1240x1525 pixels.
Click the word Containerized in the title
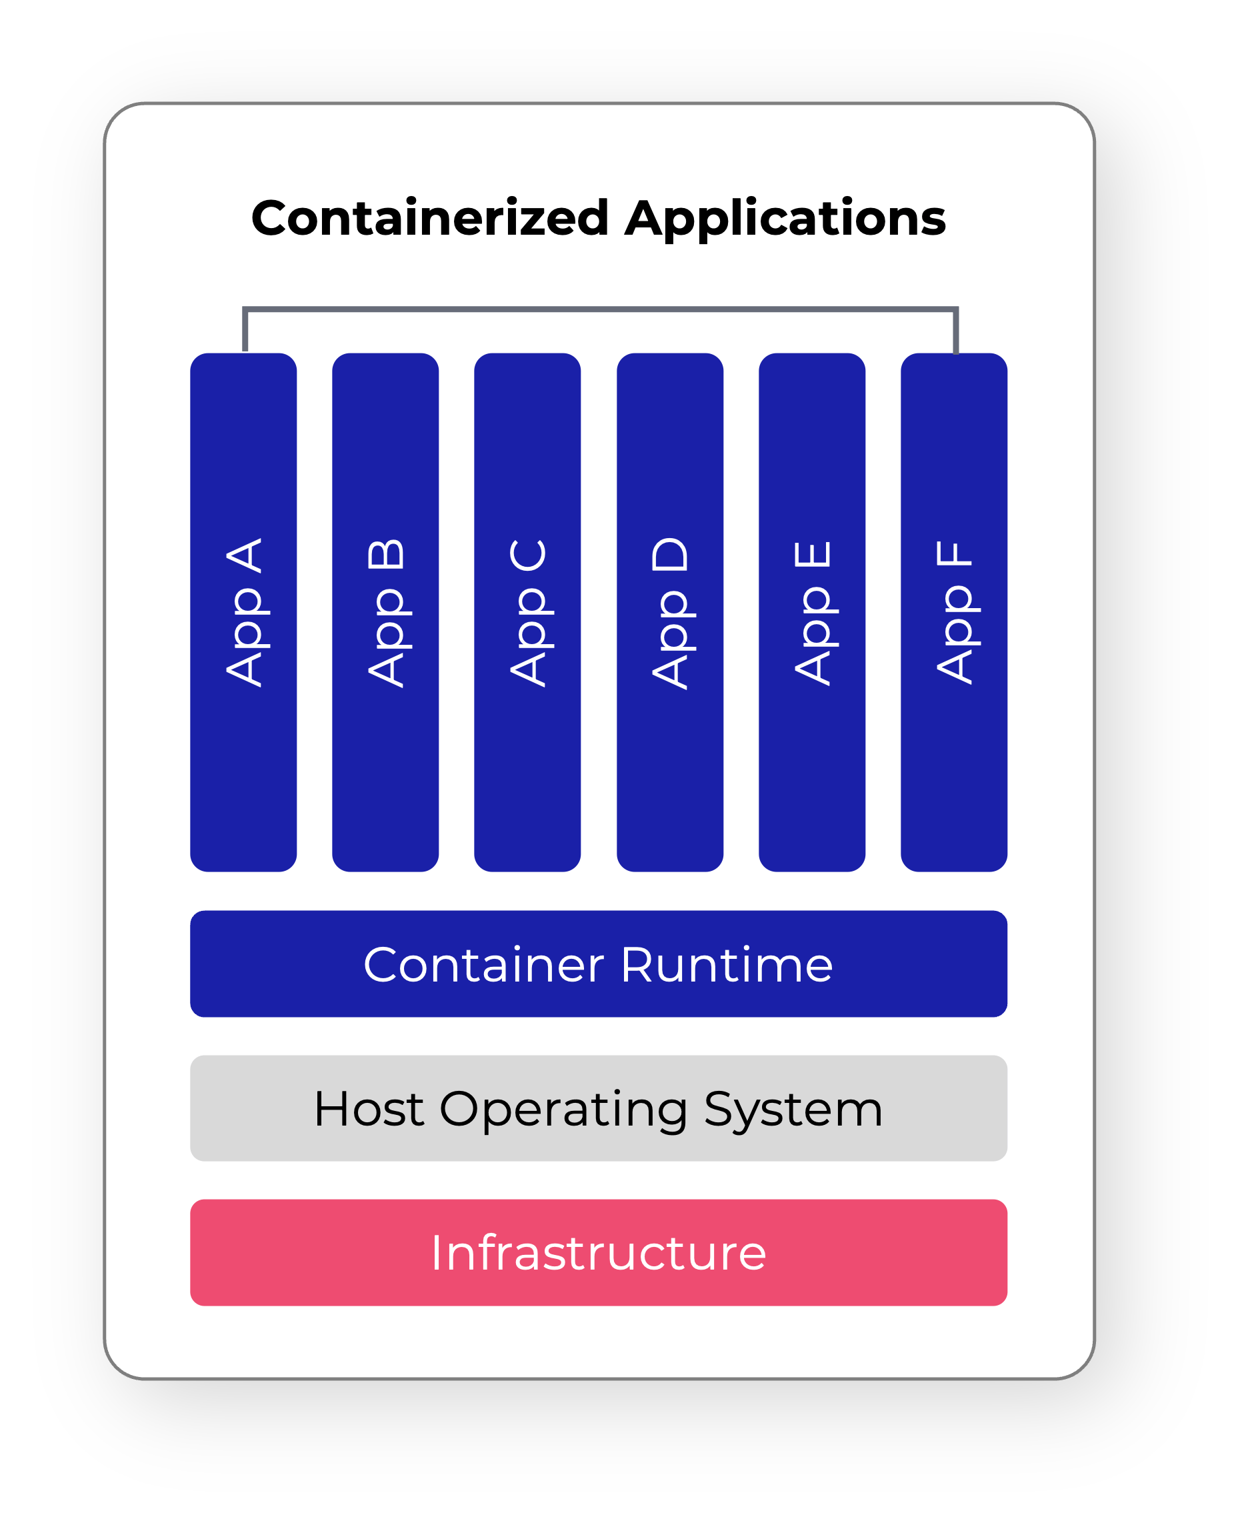pyautogui.click(x=429, y=218)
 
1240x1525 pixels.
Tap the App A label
pyautogui.click(x=244, y=612)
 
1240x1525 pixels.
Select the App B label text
pyautogui.click(x=387, y=612)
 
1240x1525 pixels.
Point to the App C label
pyautogui.click(x=528, y=612)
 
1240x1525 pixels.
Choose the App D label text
pyautogui.click(x=670, y=612)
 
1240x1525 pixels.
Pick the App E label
pyautogui.click(x=812, y=612)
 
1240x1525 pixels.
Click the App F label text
pyautogui.click(x=954, y=612)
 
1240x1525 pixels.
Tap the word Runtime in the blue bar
pyautogui.click(x=727, y=965)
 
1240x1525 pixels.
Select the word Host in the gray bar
pyautogui.click(x=369, y=1110)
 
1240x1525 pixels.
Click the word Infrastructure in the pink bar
pyautogui.click(x=599, y=1254)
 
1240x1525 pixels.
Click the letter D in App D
pyautogui.click(x=670, y=555)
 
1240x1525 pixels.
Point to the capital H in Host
pyautogui.click(x=332, y=1110)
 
